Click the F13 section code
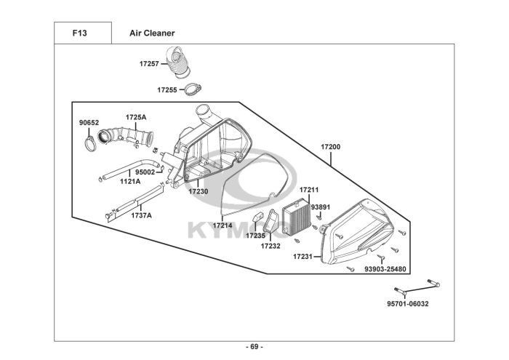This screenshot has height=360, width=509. (79, 33)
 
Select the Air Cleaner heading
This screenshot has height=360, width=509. (152, 33)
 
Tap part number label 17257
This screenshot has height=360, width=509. (149, 63)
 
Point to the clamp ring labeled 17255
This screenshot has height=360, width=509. (193, 89)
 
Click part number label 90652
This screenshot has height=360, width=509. (89, 123)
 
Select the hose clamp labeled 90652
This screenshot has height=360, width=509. (90, 144)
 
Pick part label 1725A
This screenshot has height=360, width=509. (136, 117)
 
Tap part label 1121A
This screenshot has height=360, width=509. (130, 182)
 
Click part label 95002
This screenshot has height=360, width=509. (145, 172)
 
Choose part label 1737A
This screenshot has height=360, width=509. (141, 215)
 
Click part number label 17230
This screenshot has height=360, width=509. (199, 191)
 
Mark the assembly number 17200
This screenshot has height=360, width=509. (330, 147)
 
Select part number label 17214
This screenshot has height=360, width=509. (223, 225)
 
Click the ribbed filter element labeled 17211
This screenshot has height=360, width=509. (297, 216)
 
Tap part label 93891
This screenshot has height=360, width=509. (321, 207)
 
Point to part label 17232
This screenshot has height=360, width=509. (270, 246)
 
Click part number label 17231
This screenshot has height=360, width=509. (303, 257)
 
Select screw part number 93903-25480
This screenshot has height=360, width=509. (385, 269)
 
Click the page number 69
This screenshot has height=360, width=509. (254, 347)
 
